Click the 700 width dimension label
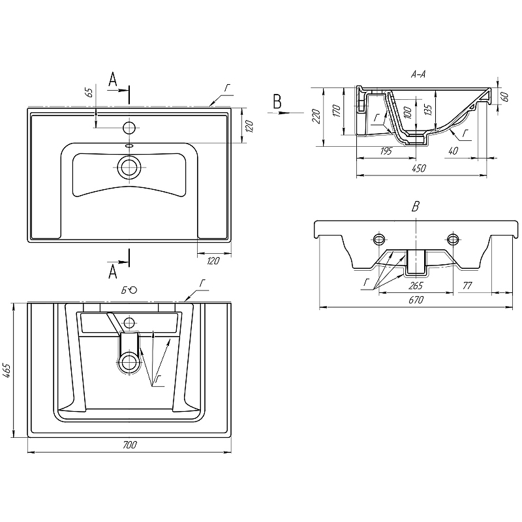(x=129, y=445)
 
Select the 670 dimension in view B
(x=416, y=299)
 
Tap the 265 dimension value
(x=415, y=285)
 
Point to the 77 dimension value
(x=467, y=285)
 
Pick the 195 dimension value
(x=386, y=151)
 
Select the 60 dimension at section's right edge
(x=504, y=96)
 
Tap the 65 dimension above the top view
(x=89, y=93)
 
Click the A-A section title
(x=418, y=75)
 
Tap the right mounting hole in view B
(x=452, y=237)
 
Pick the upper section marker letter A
(x=112, y=80)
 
